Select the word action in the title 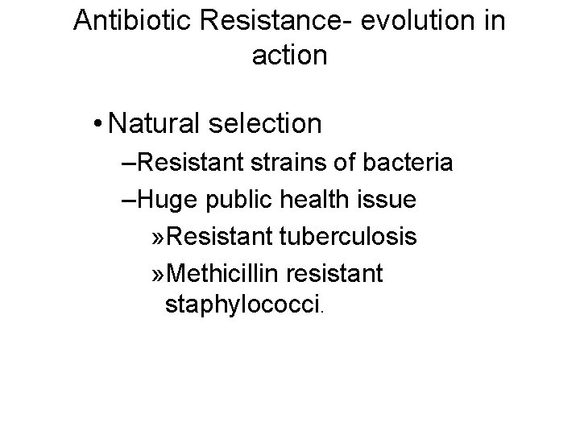(x=289, y=55)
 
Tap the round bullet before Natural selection (x=97, y=124)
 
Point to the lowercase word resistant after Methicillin (x=338, y=273)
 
